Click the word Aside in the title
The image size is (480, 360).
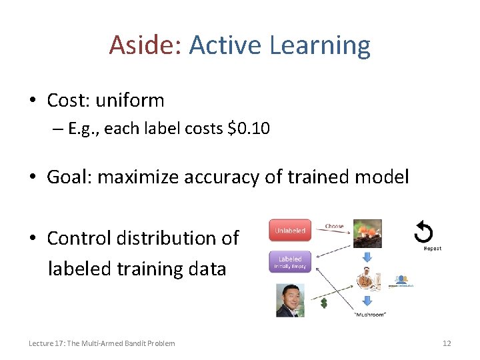tap(145, 45)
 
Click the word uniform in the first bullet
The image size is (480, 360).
tap(130, 101)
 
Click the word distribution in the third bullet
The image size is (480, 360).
tap(171, 238)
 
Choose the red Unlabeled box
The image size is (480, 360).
tap(290, 231)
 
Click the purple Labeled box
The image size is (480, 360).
tap(290, 262)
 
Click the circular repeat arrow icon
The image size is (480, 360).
tap(423, 233)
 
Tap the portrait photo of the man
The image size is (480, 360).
tap(290, 300)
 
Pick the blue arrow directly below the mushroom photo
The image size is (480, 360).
tap(367, 257)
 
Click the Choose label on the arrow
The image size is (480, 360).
tap(334, 226)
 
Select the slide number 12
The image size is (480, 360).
tap(447, 343)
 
